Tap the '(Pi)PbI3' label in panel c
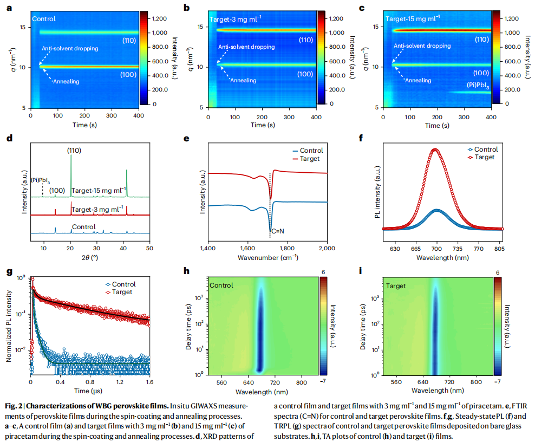click(478, 86)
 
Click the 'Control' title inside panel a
click(44, 19)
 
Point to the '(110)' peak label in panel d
click(74, 150)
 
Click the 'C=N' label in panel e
click(277, 231)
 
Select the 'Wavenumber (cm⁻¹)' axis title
click(267, 258)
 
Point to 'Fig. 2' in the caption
click(15, 405)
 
